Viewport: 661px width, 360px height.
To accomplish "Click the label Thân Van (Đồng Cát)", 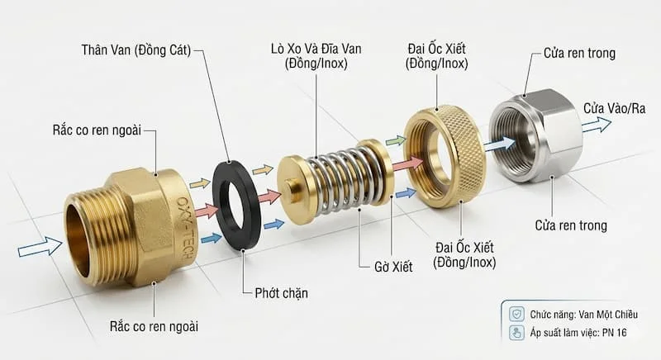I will coord(136,50).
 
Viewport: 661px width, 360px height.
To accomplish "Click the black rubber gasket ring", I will coord(240,193).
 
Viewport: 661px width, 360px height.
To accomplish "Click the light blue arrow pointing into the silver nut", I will coord(497,144).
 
